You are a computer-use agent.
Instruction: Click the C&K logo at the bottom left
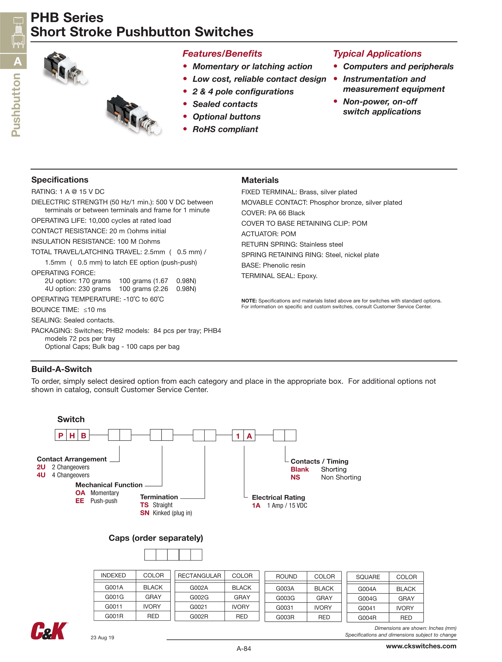tap(49, 631)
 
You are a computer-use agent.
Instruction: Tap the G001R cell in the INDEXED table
tap(114, 616)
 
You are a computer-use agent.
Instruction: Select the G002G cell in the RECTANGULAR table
tap(199, 597)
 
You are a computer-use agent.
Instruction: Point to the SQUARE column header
tap(368, 577)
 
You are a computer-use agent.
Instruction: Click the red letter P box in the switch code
tap(61, 436)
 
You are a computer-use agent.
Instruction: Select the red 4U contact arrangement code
tap(41, 475)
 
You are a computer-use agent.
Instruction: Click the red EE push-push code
tap(80, 501)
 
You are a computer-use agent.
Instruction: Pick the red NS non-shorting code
tap(295, 477)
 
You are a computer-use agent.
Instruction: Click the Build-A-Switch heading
tap(62, 369)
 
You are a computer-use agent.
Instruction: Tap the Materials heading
tap(260, 180)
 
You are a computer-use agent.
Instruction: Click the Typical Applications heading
tap(377, 54)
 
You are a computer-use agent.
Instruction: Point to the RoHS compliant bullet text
tap(225, 129)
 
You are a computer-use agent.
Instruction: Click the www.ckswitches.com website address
tap(421, 646)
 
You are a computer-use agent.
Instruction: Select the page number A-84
tap(244, 649)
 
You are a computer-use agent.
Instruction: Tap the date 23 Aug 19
tap(102, 637)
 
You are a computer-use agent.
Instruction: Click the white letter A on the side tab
tap(18, 62)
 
